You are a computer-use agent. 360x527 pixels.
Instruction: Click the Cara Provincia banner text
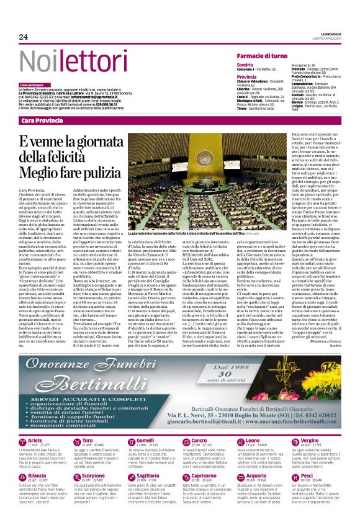40,119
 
